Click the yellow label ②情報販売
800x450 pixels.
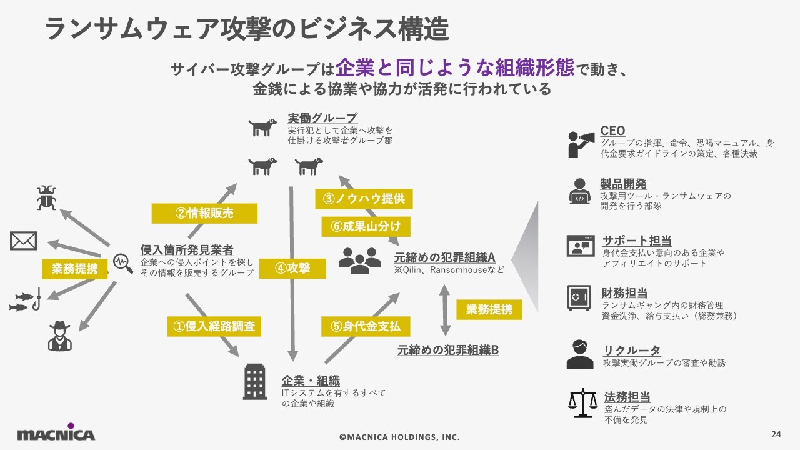coord(204,213)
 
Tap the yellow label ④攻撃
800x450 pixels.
coord(292,269)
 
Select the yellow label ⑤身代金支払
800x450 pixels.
coord(366,326)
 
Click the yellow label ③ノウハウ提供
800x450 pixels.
coord(364,199)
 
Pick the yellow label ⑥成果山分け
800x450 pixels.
coord(366,226)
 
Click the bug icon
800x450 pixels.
coord(46,197)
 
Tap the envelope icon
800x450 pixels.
coord(24,241)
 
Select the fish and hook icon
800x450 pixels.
coord(26,299)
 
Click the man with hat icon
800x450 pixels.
coord(60,336)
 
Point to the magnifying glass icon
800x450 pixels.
coord(123,263)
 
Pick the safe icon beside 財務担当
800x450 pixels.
coord(579,297)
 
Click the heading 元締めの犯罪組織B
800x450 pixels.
coord(447,350)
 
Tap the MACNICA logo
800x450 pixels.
coord(56,433)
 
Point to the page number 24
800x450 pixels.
coord(777,434)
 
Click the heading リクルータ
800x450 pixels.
coord(631,350)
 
